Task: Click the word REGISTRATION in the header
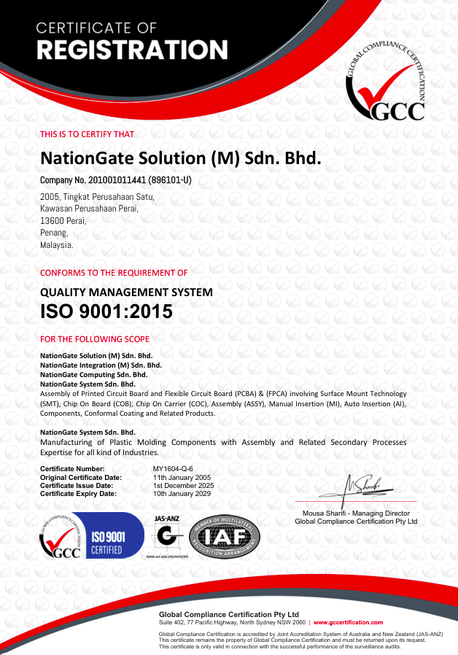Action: pos(132,50)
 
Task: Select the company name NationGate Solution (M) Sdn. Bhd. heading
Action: pos(180,158)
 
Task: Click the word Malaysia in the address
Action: pos(56,245)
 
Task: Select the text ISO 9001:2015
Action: pos(106,312)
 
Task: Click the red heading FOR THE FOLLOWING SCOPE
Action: pos(95,339)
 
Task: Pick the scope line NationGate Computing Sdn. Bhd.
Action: pos(93,374)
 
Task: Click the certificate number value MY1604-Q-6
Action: pos(173,468)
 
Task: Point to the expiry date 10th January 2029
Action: pos(182,494)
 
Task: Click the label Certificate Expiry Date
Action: pos(78,494)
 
